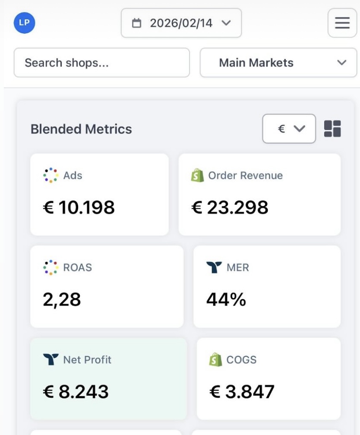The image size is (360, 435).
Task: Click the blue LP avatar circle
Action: point(24,23)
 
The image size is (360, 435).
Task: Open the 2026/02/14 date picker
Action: point(181,23)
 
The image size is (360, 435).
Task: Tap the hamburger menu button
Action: point(342,23)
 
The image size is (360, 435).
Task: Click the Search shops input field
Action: point(102,63)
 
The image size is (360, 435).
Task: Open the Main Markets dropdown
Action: point(278,63)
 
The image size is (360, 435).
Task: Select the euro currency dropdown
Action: point(289,129)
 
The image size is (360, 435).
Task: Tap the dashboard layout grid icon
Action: point(332,129)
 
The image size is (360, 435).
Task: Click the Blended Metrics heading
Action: point(81,129)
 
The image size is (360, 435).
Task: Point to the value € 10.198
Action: point(79,207)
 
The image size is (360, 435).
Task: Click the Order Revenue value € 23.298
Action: point(230,207)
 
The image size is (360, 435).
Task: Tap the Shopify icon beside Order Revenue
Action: point(197,175)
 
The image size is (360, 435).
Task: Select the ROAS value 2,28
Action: point(62,299)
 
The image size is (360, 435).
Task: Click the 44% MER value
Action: point(226,299)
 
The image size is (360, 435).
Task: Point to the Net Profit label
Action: point(87,360)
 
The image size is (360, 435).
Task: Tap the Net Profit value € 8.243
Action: point(76,391)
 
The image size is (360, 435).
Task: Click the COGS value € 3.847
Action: point(242,391)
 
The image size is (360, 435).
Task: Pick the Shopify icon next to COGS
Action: point(215,360)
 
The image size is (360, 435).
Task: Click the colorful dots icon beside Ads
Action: point(51,175)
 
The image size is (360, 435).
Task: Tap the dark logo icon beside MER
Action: point(214,267)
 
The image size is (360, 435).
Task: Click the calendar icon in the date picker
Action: point(136,23)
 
